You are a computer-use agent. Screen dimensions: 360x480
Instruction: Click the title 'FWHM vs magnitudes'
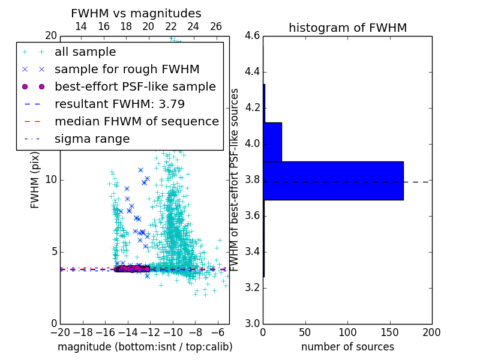pyautogui.click(x=136, y=13)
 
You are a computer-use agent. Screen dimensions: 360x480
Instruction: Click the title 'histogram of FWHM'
pyautogui.click(x=347, y=28)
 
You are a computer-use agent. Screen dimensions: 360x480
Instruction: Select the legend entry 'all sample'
pyautogui.click(x=85, y=52)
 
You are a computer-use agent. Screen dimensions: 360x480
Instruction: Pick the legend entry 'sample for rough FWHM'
pyautogui.click(x=127, y=69)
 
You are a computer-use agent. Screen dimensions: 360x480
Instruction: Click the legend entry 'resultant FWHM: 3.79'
pyautogui.click(x=119, y=104)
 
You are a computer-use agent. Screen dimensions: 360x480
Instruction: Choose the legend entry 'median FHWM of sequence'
pyautogui.click(x=137, y=121)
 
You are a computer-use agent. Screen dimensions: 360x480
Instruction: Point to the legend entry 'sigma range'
pyautogui.click(x=92, y=139)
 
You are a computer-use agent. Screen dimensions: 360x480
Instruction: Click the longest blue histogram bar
pyautogui.click(x=333, y=181)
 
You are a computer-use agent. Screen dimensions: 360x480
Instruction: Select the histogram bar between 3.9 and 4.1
pyautogui.click(x=272, y=142)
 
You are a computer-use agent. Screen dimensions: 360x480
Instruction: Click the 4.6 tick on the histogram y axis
pyautogui.click(x=252, y=36)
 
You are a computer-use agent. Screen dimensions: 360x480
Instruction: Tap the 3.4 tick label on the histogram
pyautogui.click(x=252, y=251)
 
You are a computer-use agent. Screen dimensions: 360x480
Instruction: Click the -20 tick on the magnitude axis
pyautogui.click(x=60, y=332)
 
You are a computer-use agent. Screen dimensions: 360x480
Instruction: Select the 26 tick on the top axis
pyautogui.click(x=216, y=26)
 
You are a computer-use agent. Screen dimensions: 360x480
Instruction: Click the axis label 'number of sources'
pyautogui.click(x=347, y=347)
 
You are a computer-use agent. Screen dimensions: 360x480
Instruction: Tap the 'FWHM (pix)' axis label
pyautogui.click(x=35, y=180)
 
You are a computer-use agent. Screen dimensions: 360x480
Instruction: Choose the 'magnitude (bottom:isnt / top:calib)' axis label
pyautogui.click(x=145, y=347)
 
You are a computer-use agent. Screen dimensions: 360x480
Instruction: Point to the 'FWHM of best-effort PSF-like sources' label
pyautogui.click(x=235, y=179)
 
